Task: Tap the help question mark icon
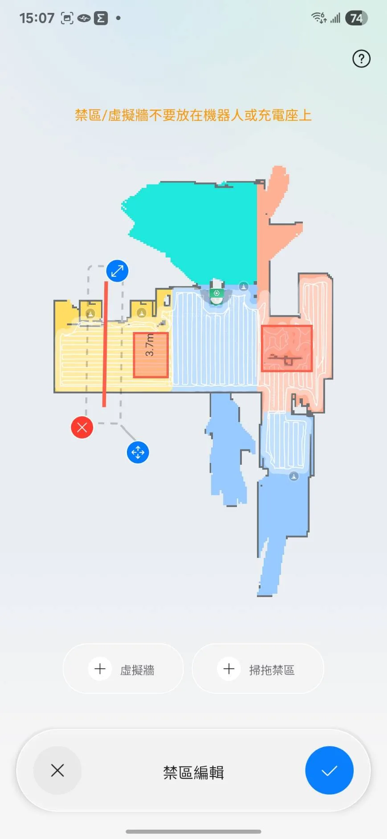coord(361,59)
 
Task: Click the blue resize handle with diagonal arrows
coord(117,271)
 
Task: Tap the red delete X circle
coord(82,427)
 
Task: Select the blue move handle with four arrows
coord(138,452)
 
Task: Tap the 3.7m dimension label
coord(150,345)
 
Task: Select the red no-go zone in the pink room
coord(286,348)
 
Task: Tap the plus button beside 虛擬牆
coord(100,669)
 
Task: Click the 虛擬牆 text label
coord(137,670)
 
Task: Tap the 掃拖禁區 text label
coord(272,670)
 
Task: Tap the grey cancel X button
coord(57,770)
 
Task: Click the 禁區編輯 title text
coord(193,772)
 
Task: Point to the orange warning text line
coord(193,115)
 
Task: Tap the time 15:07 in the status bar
coord(37,18)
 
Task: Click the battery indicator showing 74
coord(356,18)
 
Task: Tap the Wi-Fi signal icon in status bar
coord(319,18)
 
